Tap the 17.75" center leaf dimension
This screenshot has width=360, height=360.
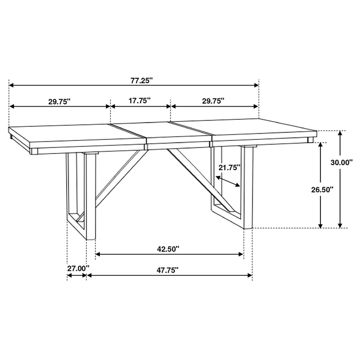pyautogui.click(x=139, y=101)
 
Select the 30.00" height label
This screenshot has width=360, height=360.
pyautogui.click(x=341, y=163)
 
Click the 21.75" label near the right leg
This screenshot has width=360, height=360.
pyautogui.click(x=229, y=167)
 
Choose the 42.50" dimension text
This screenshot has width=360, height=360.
pyautogui.click(x=168, y=248)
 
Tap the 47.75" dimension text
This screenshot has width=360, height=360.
pyautogui.click(x=168, y=270)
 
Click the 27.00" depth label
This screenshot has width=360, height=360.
pyautogui.click(x=78, y=269)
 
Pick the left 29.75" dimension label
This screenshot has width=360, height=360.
pyautogui.click(x=60, y=102)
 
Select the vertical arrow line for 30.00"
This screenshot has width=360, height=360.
pyautogui.click(x=341, y=180)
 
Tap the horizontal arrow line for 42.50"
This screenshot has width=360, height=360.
pyautogui.click(x=169, y=255)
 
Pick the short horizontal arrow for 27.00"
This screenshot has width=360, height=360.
pyautogui.click(x=76, y=275)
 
